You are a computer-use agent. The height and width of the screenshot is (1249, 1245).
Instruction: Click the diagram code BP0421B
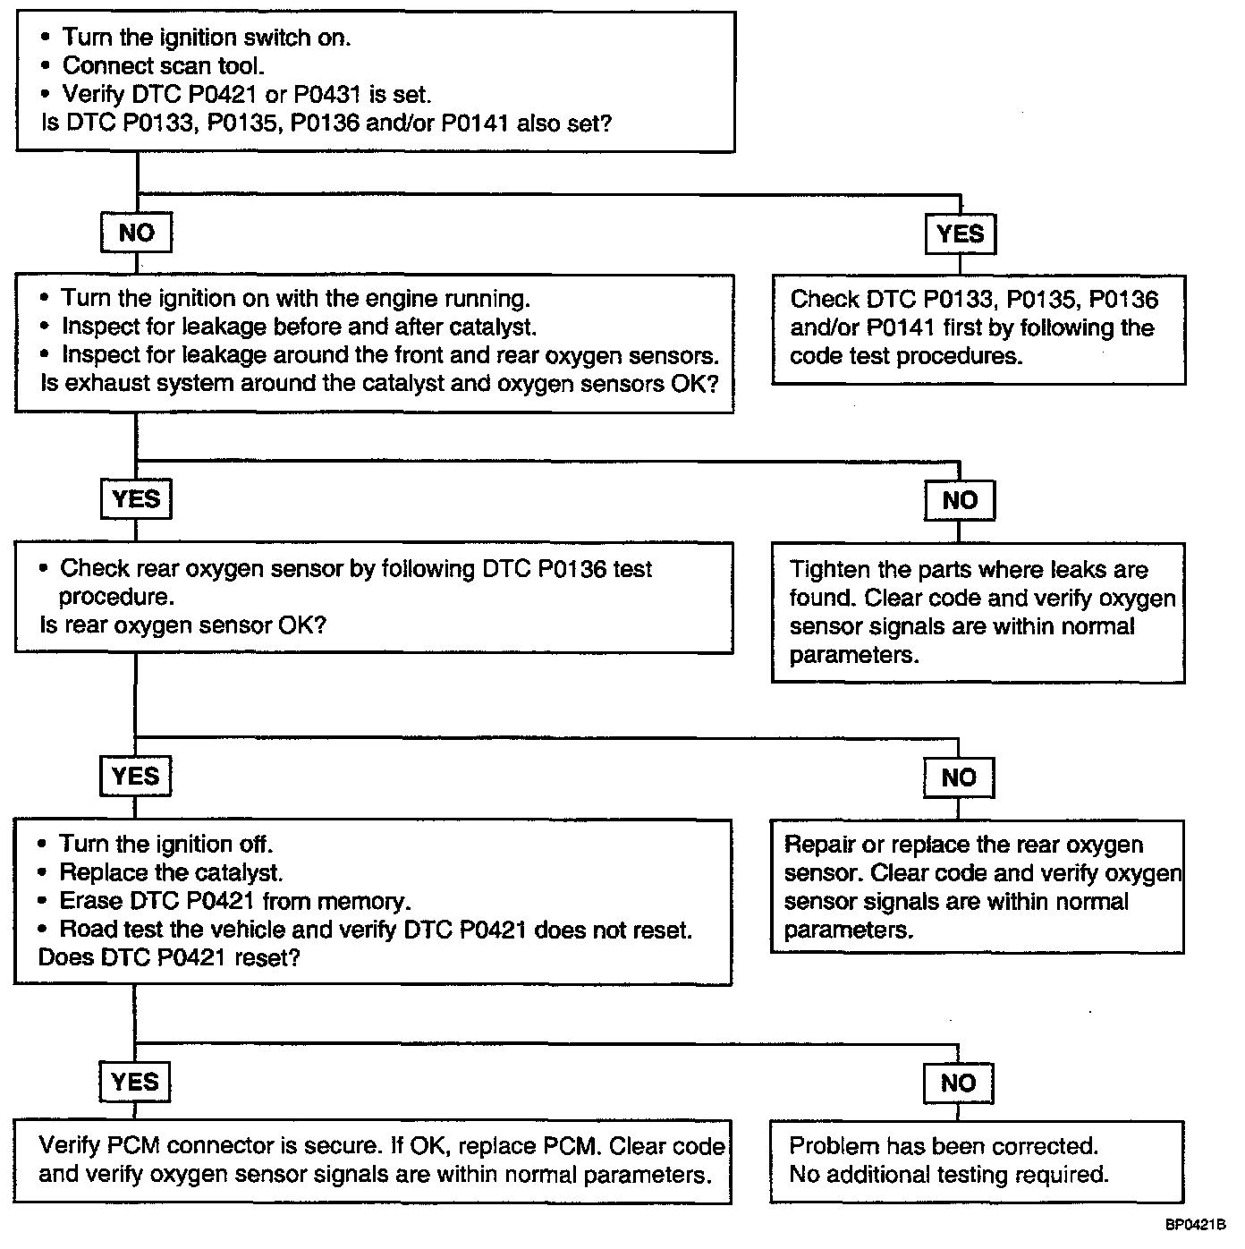[x=1195, y=1224]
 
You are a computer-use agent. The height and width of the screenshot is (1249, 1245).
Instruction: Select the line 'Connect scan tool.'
[x=164, y=66]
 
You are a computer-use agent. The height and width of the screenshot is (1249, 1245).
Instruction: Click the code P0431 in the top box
[x=326, y=95]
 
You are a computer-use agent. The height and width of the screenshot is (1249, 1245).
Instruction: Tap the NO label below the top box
[x=136, y=233]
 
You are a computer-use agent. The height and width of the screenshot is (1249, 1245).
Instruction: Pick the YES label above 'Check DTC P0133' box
[x=961, y=234]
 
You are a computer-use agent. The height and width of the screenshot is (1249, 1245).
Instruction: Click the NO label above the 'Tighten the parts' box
[x=960, y=500]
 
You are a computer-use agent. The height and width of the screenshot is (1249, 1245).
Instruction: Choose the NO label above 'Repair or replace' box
[x=959, y=777]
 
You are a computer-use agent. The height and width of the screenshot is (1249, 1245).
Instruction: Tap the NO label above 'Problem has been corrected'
[x=958, y=1083]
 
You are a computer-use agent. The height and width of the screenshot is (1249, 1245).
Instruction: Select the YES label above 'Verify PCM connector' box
[x=135, y=1082]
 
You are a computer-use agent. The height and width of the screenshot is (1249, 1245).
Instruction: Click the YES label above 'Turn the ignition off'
[x=135, y=776]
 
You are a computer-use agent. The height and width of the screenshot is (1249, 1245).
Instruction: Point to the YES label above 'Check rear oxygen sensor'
[x=136, y=499]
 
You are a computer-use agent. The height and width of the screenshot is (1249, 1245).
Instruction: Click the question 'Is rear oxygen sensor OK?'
[x=183, y=625]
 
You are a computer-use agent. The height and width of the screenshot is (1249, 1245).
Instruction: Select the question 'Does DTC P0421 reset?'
[x=169, y=957]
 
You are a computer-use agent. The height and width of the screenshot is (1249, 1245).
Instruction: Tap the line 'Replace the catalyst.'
[x=171, y=872]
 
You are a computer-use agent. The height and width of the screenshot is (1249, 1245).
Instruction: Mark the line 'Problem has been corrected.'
[x=944, y=1146]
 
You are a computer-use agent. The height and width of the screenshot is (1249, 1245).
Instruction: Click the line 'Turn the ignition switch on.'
[x=207, y=38]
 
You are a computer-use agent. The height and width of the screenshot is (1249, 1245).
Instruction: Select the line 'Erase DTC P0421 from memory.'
[x=235, y=901]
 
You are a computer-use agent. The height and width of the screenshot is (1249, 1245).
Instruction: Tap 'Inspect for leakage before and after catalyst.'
[x=300, y=327]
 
